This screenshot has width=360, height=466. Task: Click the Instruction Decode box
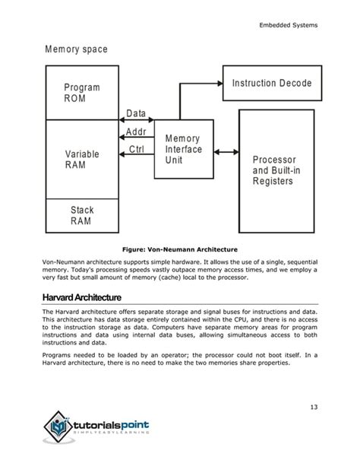point(271,82)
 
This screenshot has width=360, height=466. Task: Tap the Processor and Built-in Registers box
point(276,170)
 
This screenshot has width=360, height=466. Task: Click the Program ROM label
point(82,94)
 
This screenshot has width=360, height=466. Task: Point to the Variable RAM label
point(82,160)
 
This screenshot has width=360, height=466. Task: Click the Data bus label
point(136,114)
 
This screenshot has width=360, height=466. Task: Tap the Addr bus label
point(136,132)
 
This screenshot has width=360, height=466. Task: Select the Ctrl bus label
point(137,149)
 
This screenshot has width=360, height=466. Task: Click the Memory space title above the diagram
point(76,49)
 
